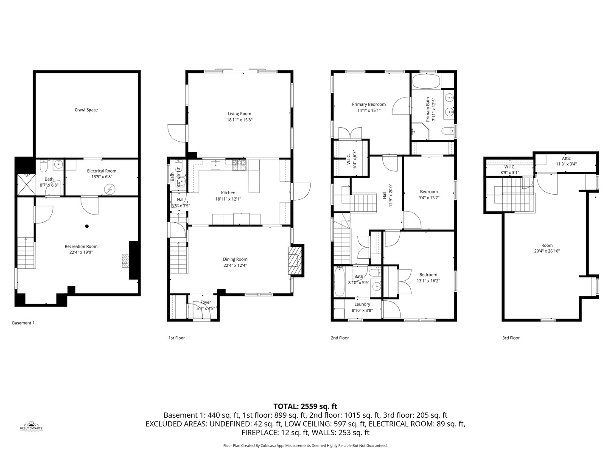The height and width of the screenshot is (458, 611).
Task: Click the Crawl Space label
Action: pos(86,110)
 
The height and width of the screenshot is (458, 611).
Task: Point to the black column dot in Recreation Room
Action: pos(87,226)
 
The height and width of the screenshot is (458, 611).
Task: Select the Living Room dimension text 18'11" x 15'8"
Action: pos(239,120)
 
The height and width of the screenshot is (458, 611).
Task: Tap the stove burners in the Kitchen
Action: pos(239,165)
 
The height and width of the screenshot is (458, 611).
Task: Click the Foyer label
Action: pos(205,302)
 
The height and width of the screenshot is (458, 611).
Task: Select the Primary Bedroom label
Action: pos(369,104)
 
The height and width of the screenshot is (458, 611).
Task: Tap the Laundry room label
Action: pos(362,304)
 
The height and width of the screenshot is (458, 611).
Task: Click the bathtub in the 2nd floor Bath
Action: pos(339,282)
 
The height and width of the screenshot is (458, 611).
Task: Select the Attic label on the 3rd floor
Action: pos(566,159)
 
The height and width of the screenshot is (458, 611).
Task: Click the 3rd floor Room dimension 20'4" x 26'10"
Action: pos(547,251)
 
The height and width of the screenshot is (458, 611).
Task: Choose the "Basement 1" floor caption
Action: pos(23,323)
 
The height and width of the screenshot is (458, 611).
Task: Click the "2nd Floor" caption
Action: pos(340,338)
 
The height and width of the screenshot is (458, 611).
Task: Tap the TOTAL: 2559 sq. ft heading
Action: pos(305,406)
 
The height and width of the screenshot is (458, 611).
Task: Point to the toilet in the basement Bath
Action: pos(43,165)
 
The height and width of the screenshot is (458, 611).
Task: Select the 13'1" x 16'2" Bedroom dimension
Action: pos(428,280)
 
